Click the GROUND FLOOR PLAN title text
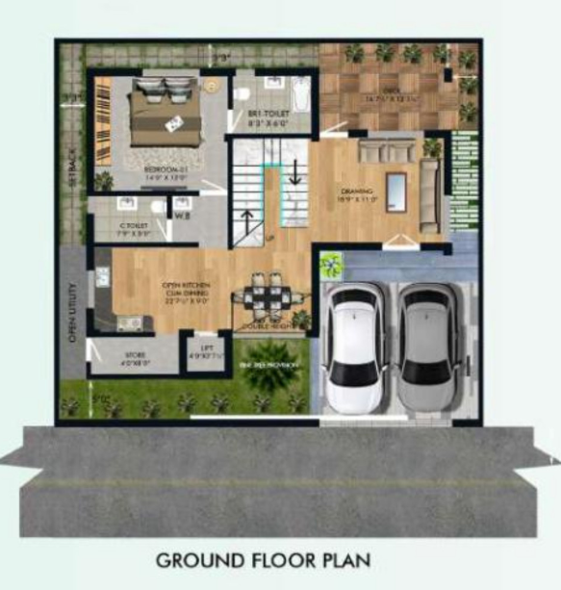[263, 559]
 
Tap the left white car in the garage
[357, 347]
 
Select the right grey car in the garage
[428, 346]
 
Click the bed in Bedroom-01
[166, 115]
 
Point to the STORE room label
[135, 358]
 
